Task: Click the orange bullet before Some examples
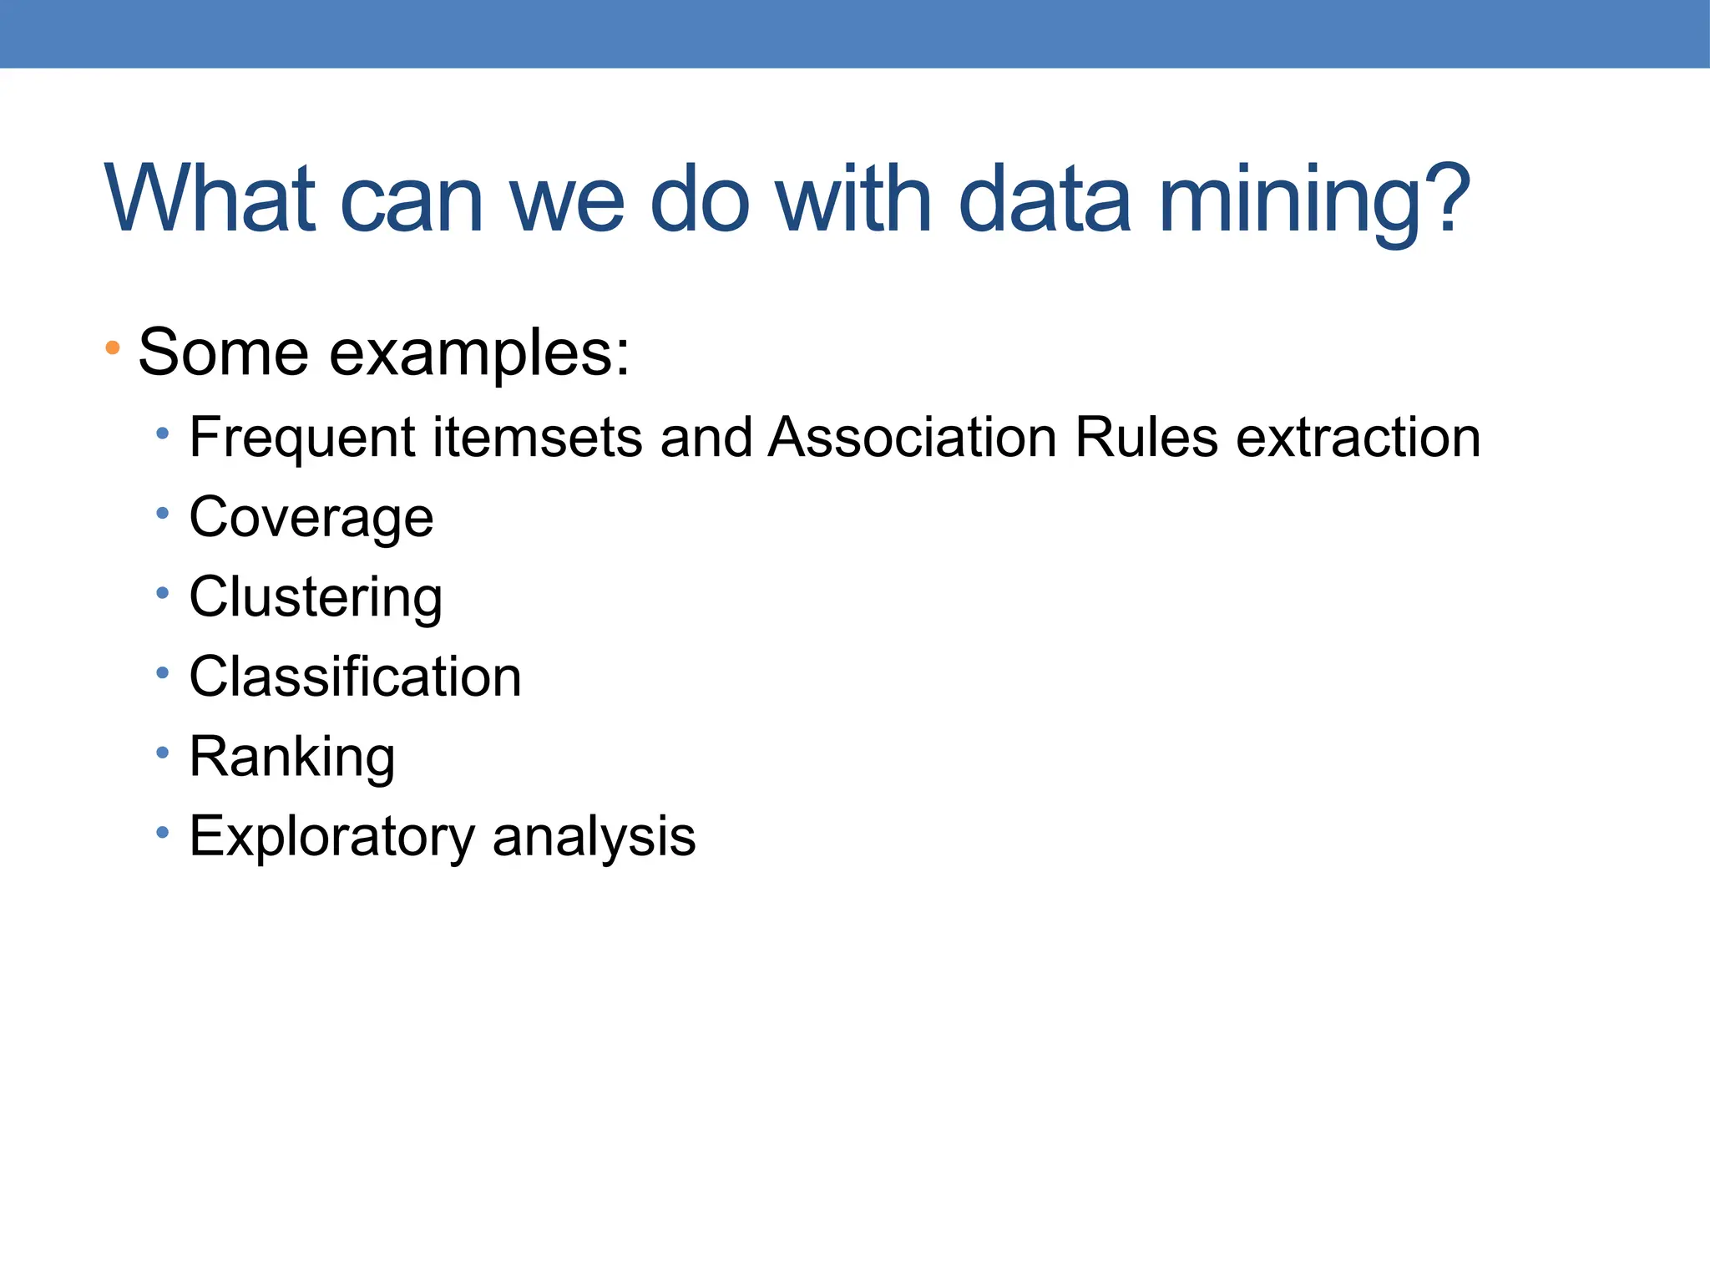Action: click(x=113, y=347)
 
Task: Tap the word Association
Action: click(x=913, y=437)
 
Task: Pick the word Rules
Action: click(x=1146, y=437)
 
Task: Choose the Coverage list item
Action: click(x=311, y=518)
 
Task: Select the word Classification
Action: click(x=355, y=677)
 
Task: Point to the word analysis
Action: click(x=594, y=836)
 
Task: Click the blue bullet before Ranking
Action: click(x=162, y=753)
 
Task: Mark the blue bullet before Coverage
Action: click(x=162, y=514)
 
